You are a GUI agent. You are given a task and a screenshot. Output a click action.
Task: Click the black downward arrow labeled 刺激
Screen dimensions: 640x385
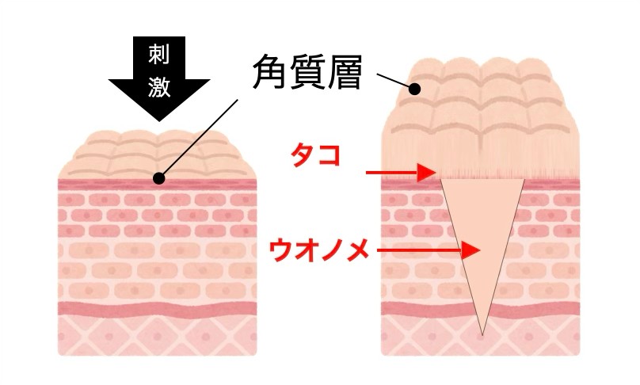click(158, 78)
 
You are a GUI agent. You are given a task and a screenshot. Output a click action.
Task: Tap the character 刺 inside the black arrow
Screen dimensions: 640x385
click(158, 55)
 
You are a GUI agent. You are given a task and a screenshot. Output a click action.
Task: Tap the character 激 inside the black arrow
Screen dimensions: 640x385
click(158, 87)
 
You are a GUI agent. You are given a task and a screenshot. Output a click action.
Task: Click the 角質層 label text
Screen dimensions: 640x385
click(307, 73)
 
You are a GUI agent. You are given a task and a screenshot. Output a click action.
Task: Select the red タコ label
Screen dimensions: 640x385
click(315, 156)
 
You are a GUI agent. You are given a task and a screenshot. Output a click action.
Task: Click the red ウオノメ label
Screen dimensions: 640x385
click(318, 250)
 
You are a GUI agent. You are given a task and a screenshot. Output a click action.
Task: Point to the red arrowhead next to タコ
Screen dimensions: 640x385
click(426, 172)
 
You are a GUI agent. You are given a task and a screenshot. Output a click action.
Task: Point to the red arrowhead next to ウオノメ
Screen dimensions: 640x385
click(470, 250)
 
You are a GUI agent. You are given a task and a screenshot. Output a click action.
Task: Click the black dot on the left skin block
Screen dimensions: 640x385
click(158, 178)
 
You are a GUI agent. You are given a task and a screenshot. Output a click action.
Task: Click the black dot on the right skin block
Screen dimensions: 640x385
click(415, 89)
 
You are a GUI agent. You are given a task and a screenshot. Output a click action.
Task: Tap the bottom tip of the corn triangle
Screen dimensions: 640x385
click(482, 336)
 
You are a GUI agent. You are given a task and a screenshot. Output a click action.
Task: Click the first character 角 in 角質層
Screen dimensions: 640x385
click(270, 73)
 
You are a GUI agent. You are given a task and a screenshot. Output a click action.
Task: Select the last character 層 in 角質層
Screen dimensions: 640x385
click(344, 73)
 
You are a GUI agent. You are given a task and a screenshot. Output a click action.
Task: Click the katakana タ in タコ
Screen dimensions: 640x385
click(303, 156)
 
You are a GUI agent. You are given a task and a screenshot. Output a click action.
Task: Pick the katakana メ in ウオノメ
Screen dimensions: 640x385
click(356, 250)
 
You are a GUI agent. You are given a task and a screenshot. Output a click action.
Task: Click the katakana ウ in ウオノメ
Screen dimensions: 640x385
click(281, 250)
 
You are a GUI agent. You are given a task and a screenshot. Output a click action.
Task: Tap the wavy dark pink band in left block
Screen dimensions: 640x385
click(158, 309)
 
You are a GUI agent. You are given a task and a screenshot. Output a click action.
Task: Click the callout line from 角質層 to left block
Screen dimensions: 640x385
click(200, 138)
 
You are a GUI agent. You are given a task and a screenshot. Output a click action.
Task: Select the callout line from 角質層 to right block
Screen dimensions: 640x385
click(393, 81)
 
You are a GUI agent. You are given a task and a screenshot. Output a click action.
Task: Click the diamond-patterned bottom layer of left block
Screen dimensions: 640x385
click(158, 336)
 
